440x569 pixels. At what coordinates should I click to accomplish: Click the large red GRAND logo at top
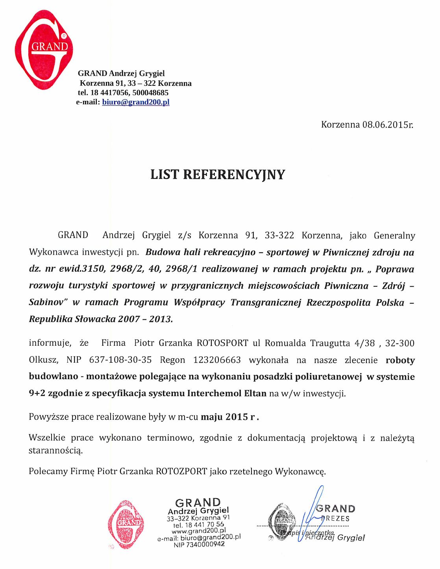(x=43, y=49)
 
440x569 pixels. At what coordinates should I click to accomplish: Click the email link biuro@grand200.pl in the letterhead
(x=135, y=102)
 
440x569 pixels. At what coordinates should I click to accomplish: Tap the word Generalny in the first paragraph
(x=394, y=235)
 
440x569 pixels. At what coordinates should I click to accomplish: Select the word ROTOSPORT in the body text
(x=222, y=343)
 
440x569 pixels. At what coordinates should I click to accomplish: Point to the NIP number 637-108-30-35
(x=120, y=360)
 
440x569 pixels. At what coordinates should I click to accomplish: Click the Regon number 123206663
(x=217, y=360)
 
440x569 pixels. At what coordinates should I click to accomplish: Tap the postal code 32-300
(x=399, y=343)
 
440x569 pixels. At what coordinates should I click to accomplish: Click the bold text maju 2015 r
(x=230, y=417)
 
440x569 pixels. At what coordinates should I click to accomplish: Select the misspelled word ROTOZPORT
(x=181, y=471)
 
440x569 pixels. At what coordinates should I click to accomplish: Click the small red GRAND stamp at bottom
(x=126, y=525)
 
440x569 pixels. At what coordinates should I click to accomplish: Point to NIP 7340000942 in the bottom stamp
(x=199, y=544)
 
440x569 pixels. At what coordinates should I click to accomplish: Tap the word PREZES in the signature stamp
(x=335, y=519)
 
